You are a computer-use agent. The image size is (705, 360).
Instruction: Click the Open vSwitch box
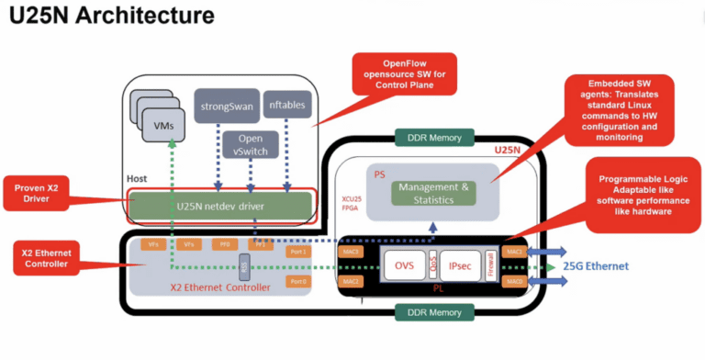point(250,144)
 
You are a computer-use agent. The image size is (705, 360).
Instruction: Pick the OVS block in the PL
point(404,265)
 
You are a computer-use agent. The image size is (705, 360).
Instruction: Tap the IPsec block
point(461,265)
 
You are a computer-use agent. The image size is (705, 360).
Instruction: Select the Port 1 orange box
point(298,251)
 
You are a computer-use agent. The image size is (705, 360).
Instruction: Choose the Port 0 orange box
point(298,280)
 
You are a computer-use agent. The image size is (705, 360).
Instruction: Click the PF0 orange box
point(225,245)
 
